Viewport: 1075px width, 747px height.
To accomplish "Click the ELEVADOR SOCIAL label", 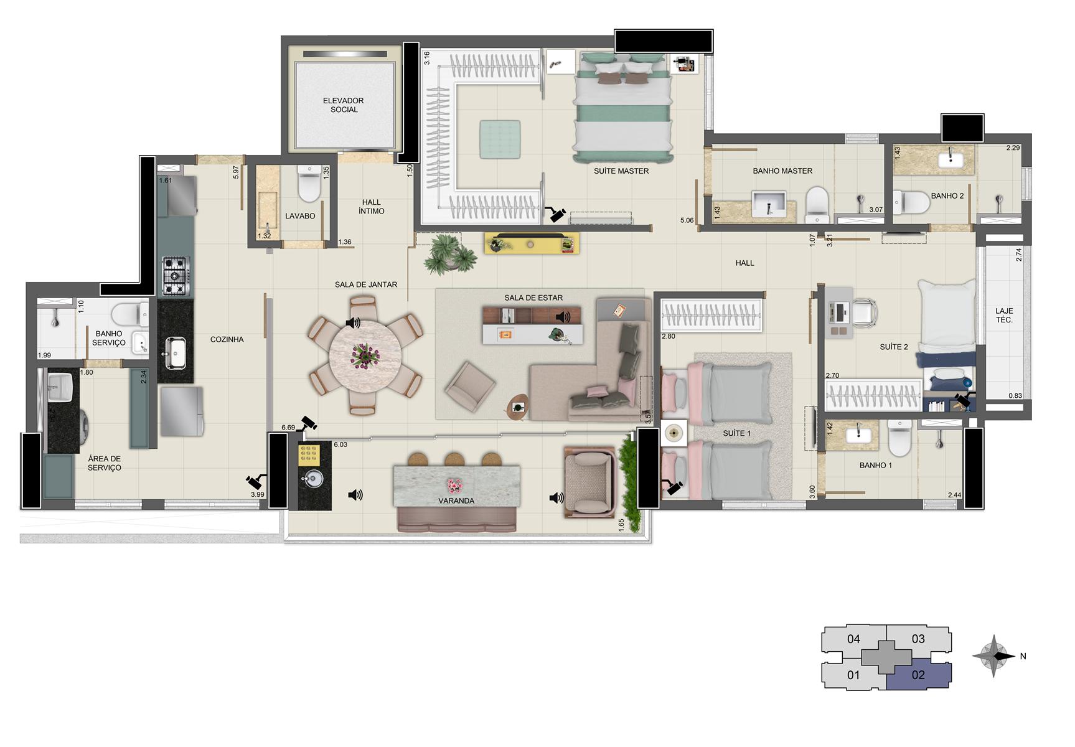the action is click(x=344, y=105).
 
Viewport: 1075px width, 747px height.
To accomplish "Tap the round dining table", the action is click(x=365, y=354).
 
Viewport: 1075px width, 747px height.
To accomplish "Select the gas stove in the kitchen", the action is click(x=176, y=275).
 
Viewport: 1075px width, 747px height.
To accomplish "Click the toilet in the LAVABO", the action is click(x=309, y=180).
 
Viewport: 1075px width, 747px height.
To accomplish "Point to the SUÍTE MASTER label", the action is click(x=621, y=171).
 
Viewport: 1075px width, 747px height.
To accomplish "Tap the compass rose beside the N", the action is click(x=993, y=656).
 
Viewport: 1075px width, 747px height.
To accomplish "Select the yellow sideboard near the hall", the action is click(x=532, y=243).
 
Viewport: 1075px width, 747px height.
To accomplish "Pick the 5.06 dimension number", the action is click(x=687, y=220).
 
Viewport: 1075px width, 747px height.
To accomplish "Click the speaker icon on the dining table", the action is click(x=353, y=322).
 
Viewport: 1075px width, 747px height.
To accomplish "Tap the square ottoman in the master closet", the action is click(x=500, y=139).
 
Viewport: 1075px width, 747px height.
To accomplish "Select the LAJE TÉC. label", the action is click(x=1004, y=315).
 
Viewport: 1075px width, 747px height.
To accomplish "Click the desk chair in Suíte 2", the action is click(x=863, y=311).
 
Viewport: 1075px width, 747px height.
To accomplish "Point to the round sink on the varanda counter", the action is click(x=313, y=478).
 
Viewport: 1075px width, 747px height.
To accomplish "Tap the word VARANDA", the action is click(x=456, y=500).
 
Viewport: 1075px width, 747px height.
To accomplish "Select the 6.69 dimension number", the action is click(x=288, y=428).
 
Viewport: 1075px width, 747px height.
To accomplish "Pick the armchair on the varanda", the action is click(x=589, y=481).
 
